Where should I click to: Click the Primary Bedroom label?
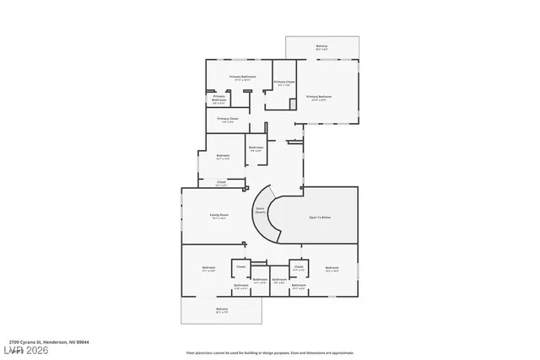(x=319, y=98)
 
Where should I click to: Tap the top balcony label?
(x=321, y=47)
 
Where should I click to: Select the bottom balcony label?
(x=221, y=309)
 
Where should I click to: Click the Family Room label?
(x=219, y=217)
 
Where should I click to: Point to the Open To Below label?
(x=319, y=218)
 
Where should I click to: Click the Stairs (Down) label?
(x=261, y=211)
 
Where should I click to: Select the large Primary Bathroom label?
(x=242, y=78)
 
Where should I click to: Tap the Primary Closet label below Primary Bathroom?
(x=228, y=120)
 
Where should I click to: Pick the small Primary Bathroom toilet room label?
(x=219, y=99)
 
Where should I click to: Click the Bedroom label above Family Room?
(x=223, y=156)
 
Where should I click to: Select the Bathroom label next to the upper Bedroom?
(x=256, y=149)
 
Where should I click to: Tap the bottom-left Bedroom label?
(x=208, y=269)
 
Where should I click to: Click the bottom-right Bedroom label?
(x=332, y=269)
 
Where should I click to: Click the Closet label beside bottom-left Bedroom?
(x=240, y=268)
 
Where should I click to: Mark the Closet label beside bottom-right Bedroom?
(x=299, y=267)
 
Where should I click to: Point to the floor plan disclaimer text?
(x=270, y=353)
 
